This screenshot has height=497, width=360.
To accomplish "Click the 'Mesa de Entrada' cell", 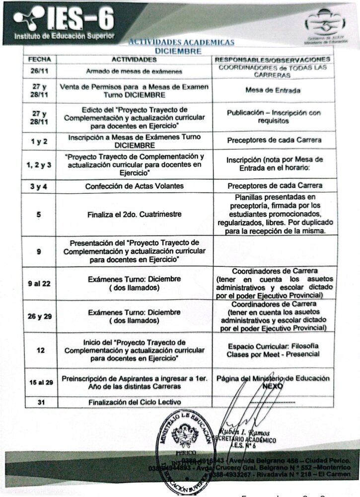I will pyautogui.click(x=272, y=90).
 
